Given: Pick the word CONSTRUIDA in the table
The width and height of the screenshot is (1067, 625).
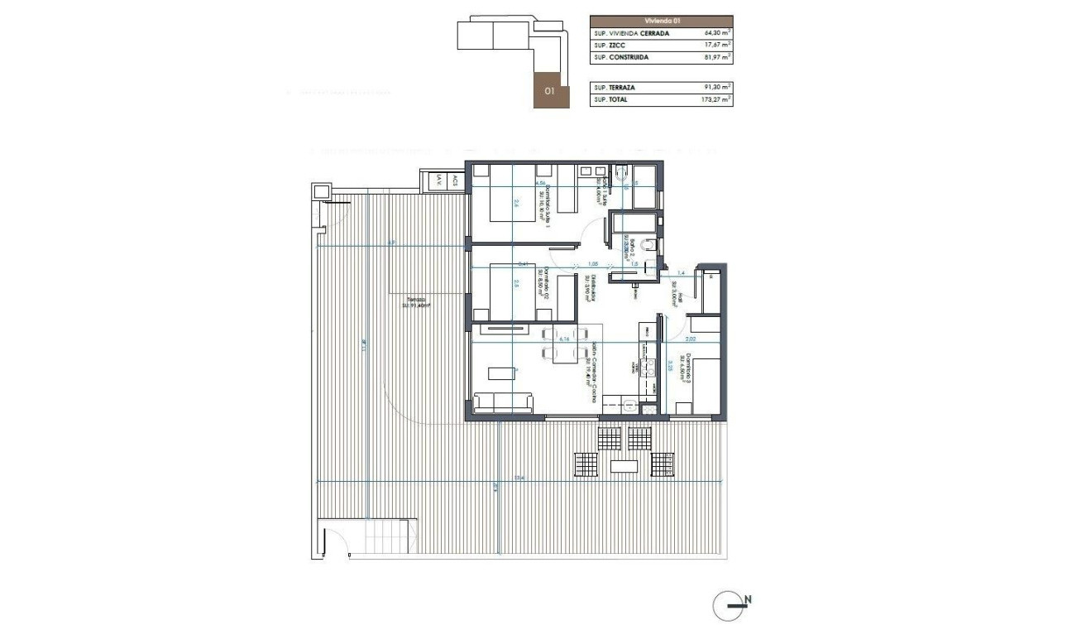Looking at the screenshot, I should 629,58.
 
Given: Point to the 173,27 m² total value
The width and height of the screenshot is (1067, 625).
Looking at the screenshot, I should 714,99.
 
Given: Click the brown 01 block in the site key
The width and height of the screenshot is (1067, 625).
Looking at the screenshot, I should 551,92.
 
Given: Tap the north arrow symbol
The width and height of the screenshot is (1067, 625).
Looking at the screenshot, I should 727,606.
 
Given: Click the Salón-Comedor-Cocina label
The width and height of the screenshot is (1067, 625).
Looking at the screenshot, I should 592,372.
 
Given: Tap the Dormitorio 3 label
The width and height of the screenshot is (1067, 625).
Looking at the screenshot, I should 681,365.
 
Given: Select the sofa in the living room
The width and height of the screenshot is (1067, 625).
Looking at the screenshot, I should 503,403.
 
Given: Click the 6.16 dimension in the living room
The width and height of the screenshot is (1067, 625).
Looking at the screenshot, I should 566,339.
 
